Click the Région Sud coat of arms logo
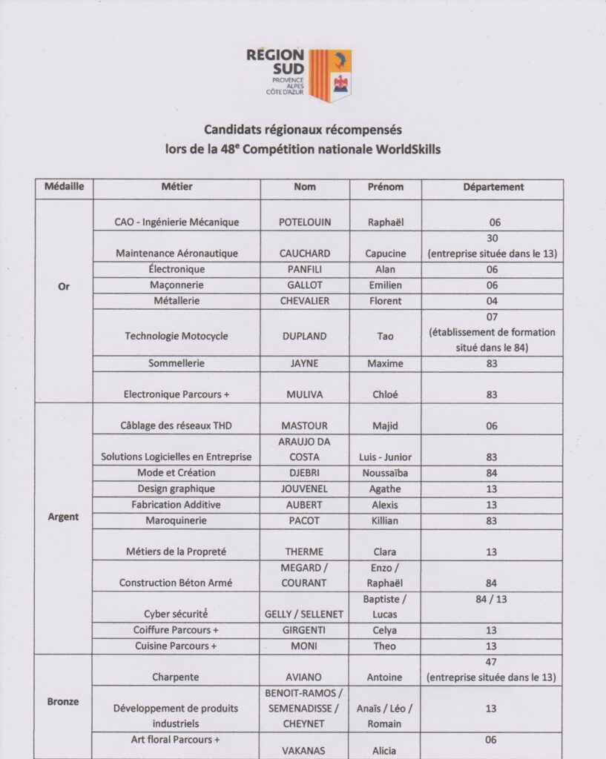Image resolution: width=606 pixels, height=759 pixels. pyautogui.click(x=329, y=75)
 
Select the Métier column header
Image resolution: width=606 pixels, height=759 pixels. pyautogui.click(x=177, y=188)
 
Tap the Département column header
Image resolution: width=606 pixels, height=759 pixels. pyautogui.click(x=493, y=188)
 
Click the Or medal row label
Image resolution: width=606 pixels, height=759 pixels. pyautogui.click(x=63, y=287)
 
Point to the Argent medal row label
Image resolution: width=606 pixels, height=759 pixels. pyautogui.click(x=63, y=516)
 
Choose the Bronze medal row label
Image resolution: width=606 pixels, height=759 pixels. pyautogui.click(x=63, y=700)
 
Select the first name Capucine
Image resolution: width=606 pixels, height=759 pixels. pyautogui.click(x=385, y=253)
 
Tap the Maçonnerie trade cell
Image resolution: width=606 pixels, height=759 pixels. pyautogui.click(x=177, y=285)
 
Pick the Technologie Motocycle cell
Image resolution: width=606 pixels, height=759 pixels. pyautogui.click(x=177, y=336)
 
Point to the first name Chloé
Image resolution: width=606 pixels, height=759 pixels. pyautogui.click(x=385, y=394)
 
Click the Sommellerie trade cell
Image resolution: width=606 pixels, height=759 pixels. pyautogui.click(x=177, y=364)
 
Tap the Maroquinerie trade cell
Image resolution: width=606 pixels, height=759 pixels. pyautogui.click(x=177, y=520)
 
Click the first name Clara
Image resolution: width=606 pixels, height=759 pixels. pyautogui.click(x=385, y=551)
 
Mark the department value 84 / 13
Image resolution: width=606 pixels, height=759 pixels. pyautogui.click(x=492, y=599)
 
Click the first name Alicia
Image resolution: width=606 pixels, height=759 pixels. pyautogui.click(x=385, y=750)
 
